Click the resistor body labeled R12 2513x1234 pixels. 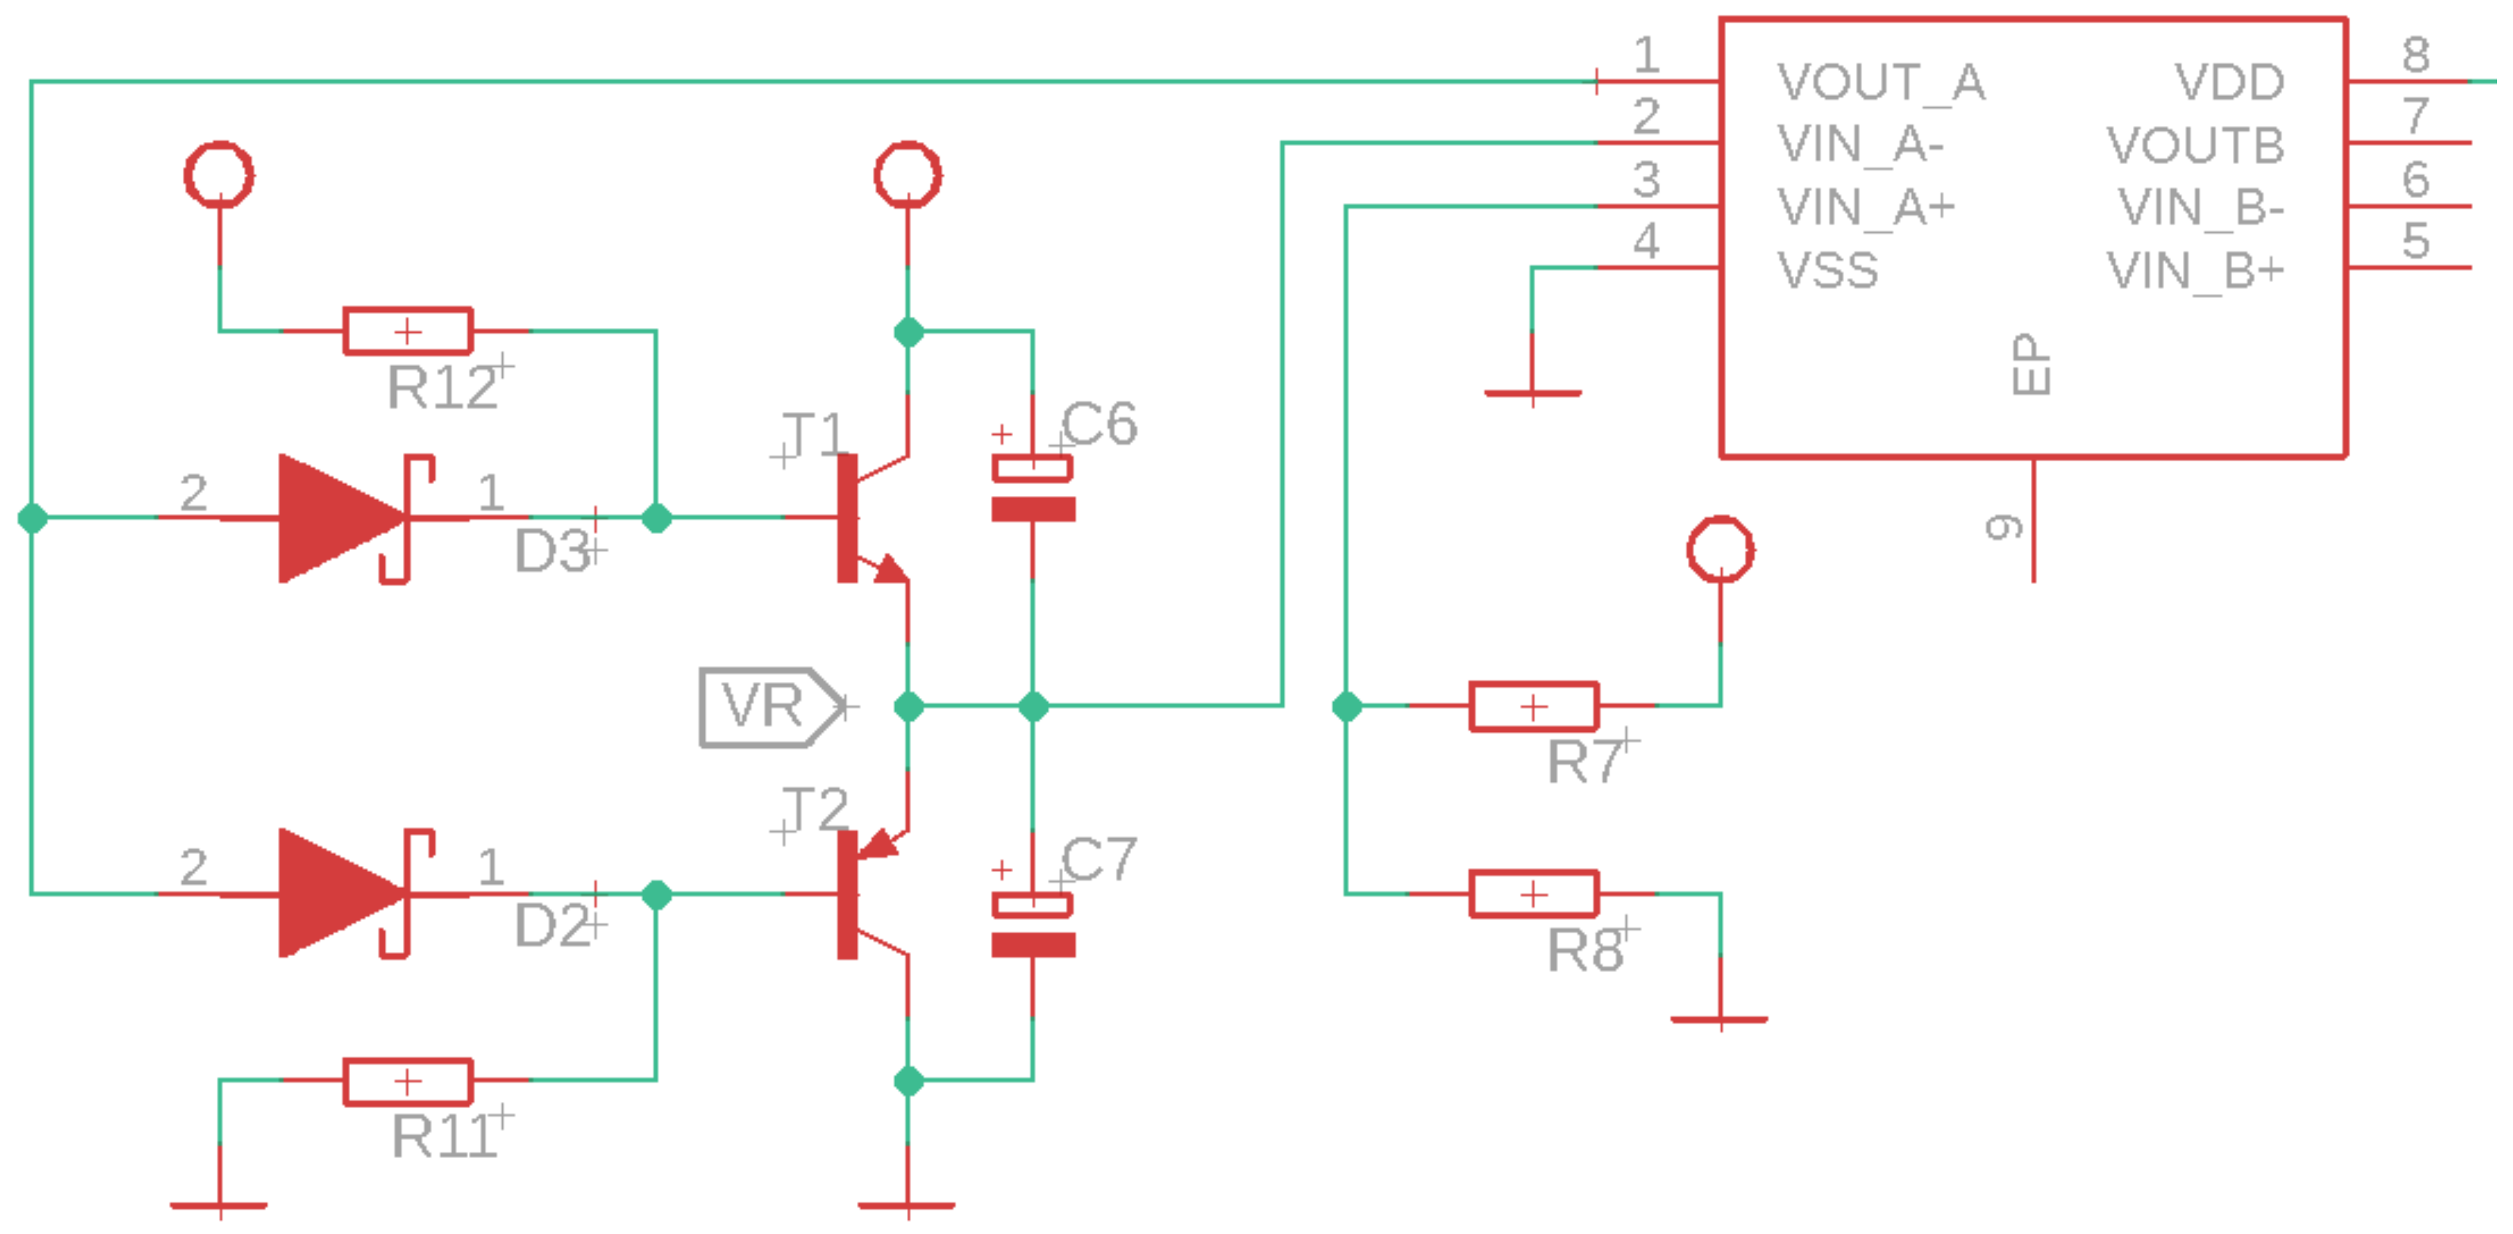(407, 332)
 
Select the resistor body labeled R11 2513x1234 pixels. (407, 1081)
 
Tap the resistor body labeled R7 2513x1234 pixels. (1533, 706)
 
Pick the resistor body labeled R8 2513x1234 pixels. (1533, 893)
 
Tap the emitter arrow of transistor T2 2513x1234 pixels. (881, 845)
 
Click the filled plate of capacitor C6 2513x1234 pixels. (1033, 509)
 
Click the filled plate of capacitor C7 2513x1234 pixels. (1033, 944)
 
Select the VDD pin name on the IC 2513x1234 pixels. (2229, 82)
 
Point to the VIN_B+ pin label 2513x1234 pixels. (2194, 270)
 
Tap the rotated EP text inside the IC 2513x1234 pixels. (2031, 365)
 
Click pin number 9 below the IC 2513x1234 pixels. (2003, 528)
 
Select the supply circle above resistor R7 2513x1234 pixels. (1720, 549)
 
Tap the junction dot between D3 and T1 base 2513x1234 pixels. (656, 518)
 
